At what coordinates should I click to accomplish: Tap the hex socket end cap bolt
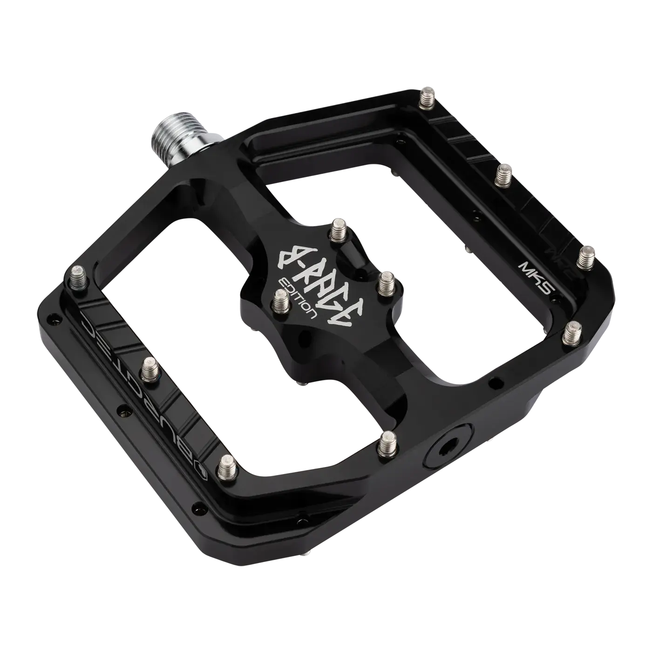(x=449, y=450)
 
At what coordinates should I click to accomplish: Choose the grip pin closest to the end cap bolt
(x=388, y=442)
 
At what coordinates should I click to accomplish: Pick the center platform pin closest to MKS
(x=386, y=284)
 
